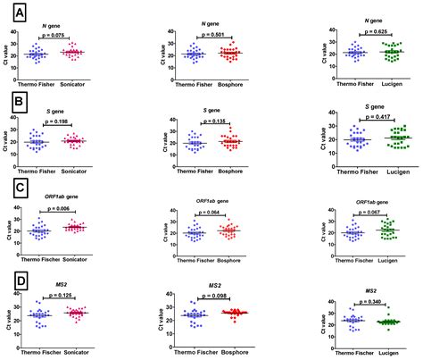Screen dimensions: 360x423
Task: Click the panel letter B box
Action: (15, 105)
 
